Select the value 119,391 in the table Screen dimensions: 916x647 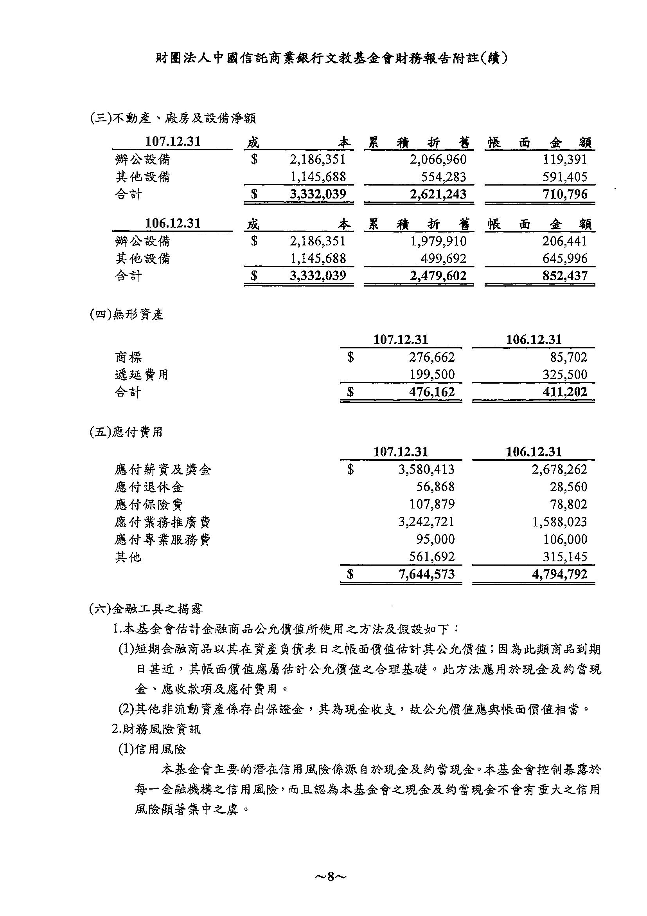pyautogui.click(x=565, y=160)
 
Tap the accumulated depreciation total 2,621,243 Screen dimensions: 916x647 pyautogui.click(x=438, y=194)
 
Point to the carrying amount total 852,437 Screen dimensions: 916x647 pyautogui.click(x=565, y=276)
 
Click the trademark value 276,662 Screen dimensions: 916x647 pyautogui.click(x=432, y=357)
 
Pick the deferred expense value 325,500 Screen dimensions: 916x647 pyautogui.click(x=565, y=375)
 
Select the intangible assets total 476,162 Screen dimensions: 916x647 pyautogui.click(x=432, y=392)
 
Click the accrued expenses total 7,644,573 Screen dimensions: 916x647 pyautogui.click(x=426, y=574)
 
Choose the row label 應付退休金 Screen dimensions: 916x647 pyautogui.click(x=149, y=487)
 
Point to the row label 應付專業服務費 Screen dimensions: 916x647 pyautogui.click(x=162, y=540)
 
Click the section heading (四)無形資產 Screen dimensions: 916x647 pyautogui.click(x=127, y=315)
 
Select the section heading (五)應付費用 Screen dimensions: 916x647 pyautogui.click(x=126, y=432)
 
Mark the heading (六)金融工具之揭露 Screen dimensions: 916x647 pyautogui.click(x=146, y=608)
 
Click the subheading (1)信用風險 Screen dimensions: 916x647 pyautogui.click(x=152, y=749)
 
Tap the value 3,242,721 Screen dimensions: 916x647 pyautogui.click(x=426, y=522)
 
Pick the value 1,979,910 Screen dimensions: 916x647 pyautogui.click(x=438, y=241)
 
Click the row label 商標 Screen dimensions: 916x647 pyautogui.click(x=128, y=357)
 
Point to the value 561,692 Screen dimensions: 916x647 pyautogui.click(x=432, y=557)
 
